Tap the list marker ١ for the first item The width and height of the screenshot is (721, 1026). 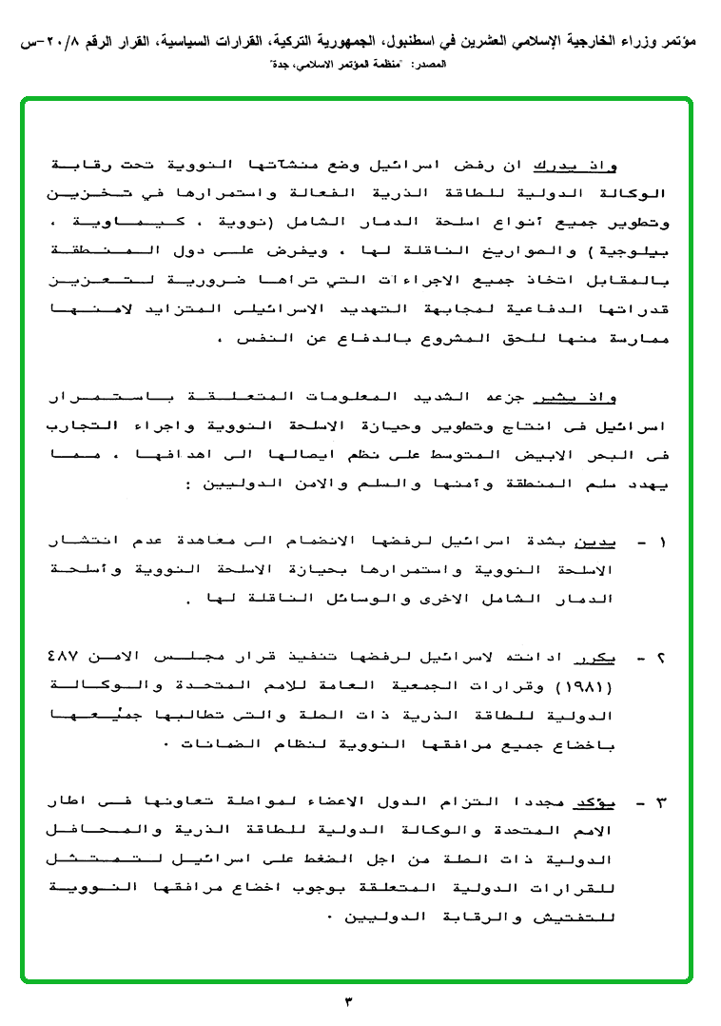pos(663,543)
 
